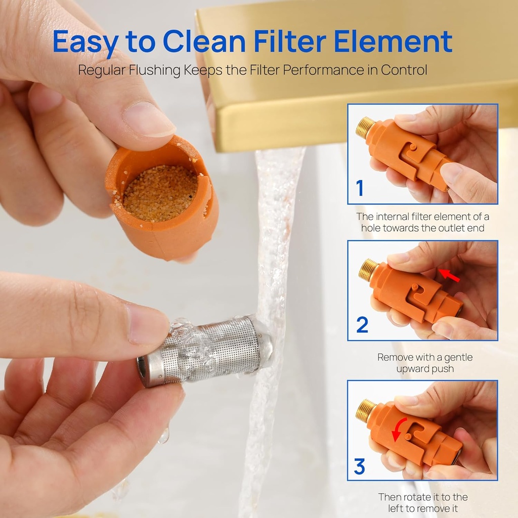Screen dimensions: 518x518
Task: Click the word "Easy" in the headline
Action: coord(85,41)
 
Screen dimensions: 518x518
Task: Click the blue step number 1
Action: coord(360,188)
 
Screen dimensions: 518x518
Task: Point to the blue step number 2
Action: coord(362,325)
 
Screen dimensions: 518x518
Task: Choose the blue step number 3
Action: coord(360,466)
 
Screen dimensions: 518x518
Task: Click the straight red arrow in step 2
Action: coord(449,276)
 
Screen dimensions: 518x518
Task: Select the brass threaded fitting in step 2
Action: coord(369,270)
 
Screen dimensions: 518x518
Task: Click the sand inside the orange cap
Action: coord(160,193)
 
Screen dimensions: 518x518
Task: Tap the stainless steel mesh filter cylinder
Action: coord(205,351)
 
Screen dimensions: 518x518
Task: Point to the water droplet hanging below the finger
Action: coord(163,436)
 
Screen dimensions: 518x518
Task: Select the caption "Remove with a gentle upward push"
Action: coord(425,363)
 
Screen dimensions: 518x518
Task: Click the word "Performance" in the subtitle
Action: coord(323,70)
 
